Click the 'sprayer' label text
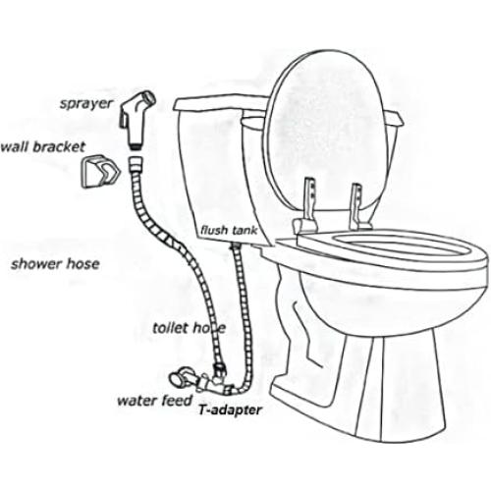(85, 102)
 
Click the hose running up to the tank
(237, 295)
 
